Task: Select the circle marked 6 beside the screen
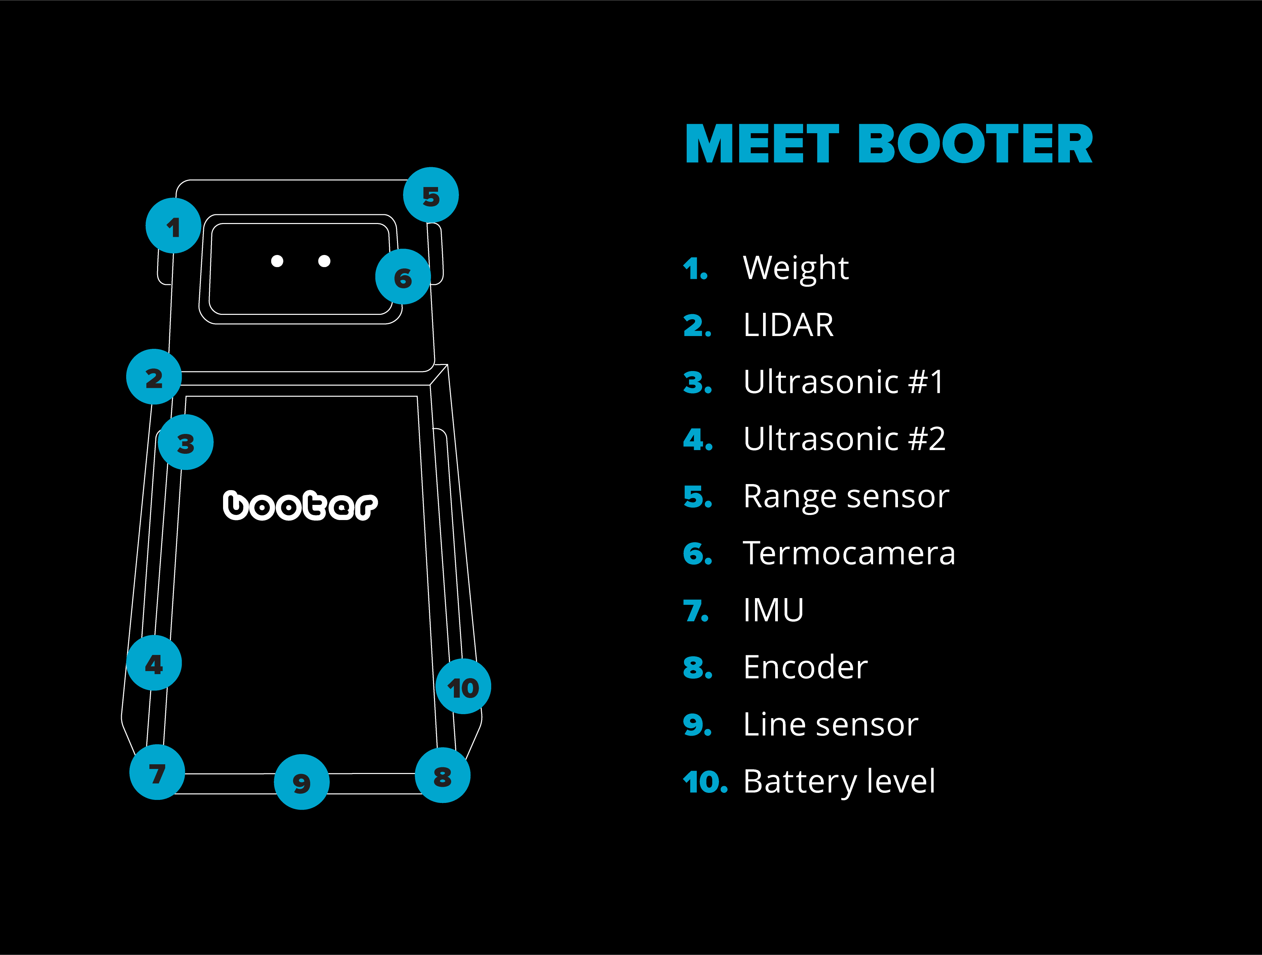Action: click(x=403, y=277)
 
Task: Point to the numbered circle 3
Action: click(x=185, y=442)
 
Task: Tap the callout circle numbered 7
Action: click(x=157, y=772)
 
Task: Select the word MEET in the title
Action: click(x=762, y=144)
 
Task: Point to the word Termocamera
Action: click(x=849, y=553)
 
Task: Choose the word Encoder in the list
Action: click(x=805, y=667)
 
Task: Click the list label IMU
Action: click(x=773, y=611)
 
